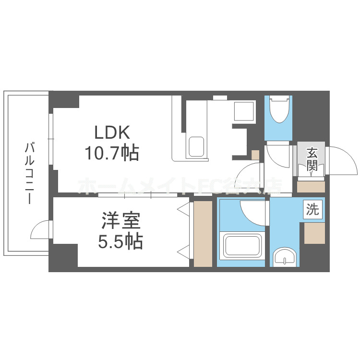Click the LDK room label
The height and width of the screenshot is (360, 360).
point(112,132)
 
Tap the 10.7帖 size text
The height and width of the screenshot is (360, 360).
point(112,153)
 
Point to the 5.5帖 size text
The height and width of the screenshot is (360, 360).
point(120,242)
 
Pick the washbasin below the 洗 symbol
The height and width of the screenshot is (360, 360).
point(286,258)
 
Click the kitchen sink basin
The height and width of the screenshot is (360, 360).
point(196,146)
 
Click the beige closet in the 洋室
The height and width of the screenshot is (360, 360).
point(202,234)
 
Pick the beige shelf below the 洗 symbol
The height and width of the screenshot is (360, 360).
point(314,233)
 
